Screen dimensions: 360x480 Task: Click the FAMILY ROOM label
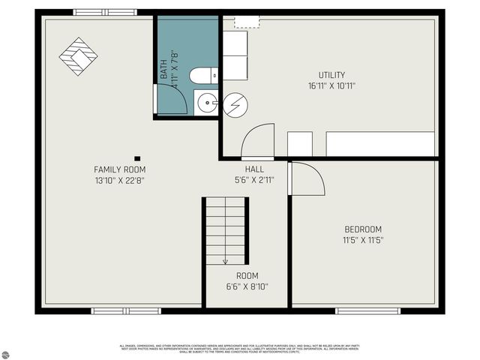tap(119, 169)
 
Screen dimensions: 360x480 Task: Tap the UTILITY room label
tap(331, 75)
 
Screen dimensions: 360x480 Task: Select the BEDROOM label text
tap(363, 229)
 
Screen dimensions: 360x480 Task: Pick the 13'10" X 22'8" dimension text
tap(119, 180)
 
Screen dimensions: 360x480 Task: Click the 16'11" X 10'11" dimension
tap(331, 85)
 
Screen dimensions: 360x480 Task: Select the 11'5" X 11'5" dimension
tap(363, 240)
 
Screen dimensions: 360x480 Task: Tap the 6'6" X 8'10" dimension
tap(247, 286)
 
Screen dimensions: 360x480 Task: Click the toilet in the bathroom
tap(203, 75)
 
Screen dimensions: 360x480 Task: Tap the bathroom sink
tap(205, 103)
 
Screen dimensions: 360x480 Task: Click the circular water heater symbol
tap(234, 104)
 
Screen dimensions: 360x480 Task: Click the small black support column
tap(137, 158)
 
